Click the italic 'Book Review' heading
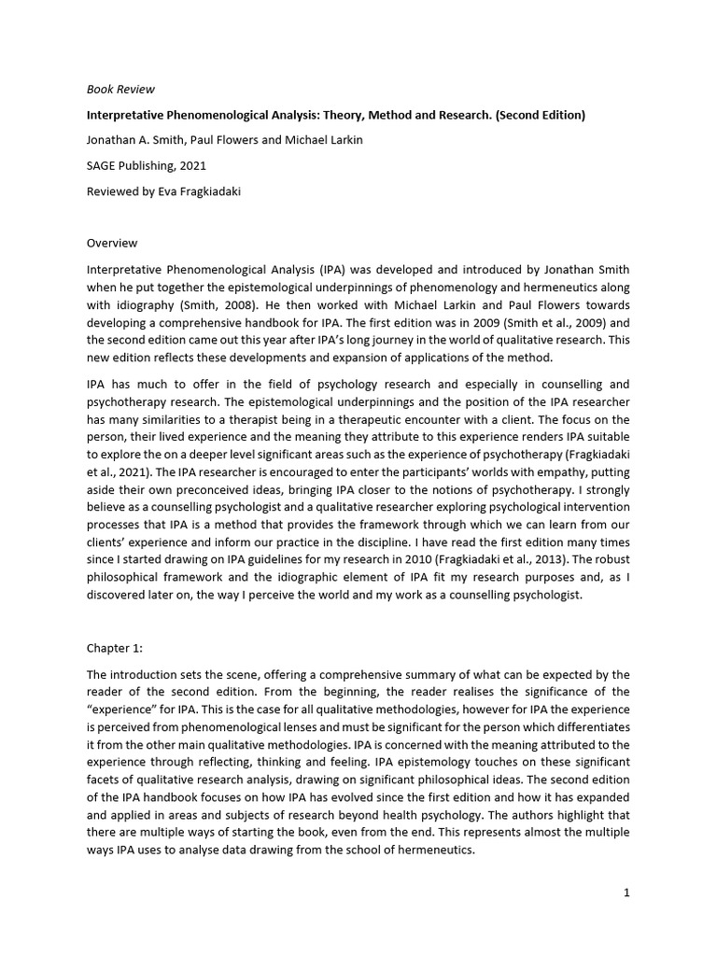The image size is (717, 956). (120, 90)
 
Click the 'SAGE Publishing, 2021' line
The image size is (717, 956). (147, 166)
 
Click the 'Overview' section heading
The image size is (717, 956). (112, 243)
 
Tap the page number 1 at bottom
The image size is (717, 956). (627, 893)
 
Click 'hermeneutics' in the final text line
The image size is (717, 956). (431, 851)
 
